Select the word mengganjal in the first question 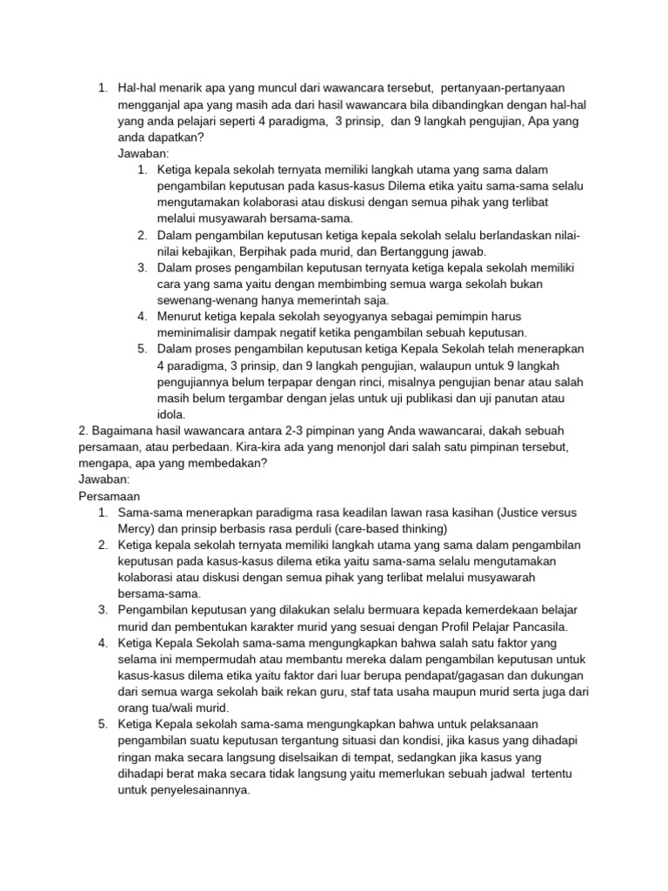pyautogui.click(x=150, y=104)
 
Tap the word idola pyautogui.click(x=171, y=415)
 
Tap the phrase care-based pyautogui.click(x=374, y=528)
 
